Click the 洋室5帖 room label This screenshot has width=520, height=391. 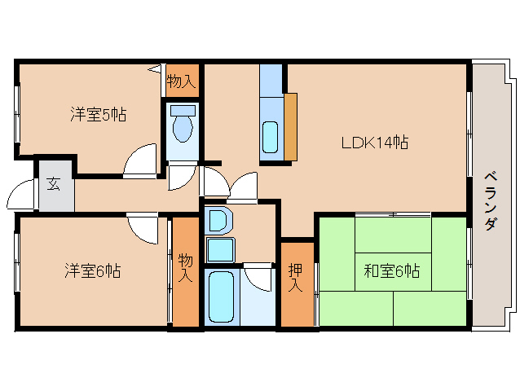[x=97, y=115]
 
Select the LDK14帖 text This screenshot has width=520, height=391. [x=374, y=143]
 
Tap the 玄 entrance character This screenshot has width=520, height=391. [x=53, y=184]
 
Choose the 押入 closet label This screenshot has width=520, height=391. [x=296, y=277]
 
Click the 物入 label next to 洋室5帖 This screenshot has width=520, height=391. [x=181, y=81]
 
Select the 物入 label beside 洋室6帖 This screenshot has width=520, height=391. [x=186, y=268]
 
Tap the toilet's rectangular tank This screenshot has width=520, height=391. [x=183, y=110]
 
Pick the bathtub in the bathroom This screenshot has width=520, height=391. [x=221, y=297]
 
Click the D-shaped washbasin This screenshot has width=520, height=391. [x=218, y=221]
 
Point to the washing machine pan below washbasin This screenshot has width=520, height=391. [x=219, y=248]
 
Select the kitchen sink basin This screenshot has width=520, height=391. [x=270, y=137]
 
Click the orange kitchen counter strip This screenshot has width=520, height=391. [x=291, y=126]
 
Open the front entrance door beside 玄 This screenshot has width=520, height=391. [x=21, y=196]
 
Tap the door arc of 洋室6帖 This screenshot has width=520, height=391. [x=143, y=227]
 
